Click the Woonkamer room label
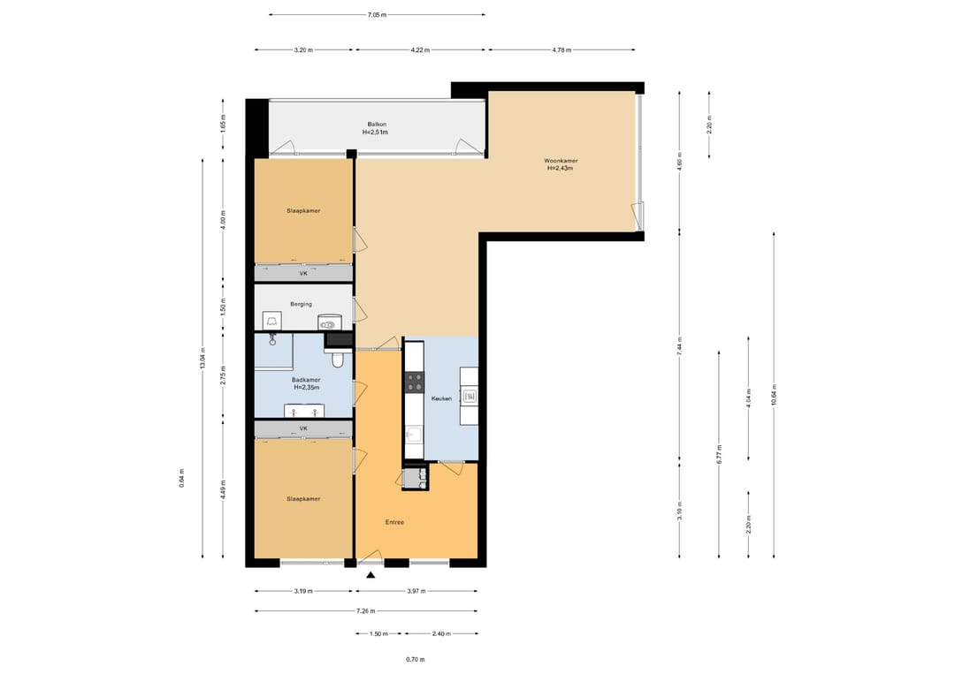561,161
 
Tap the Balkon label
377,125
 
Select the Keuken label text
441,399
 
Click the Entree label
394,523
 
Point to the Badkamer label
306,380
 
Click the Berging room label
301,304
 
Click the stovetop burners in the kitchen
415,382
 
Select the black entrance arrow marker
371,575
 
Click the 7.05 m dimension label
377,15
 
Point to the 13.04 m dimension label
202,359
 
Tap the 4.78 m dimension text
562,50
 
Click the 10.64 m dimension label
774,395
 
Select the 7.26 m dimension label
365,611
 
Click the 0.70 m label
416,660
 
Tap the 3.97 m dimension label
416,591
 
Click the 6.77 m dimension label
719,454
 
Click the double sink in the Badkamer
304,412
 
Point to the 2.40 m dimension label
441,634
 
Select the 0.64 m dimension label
181,478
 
